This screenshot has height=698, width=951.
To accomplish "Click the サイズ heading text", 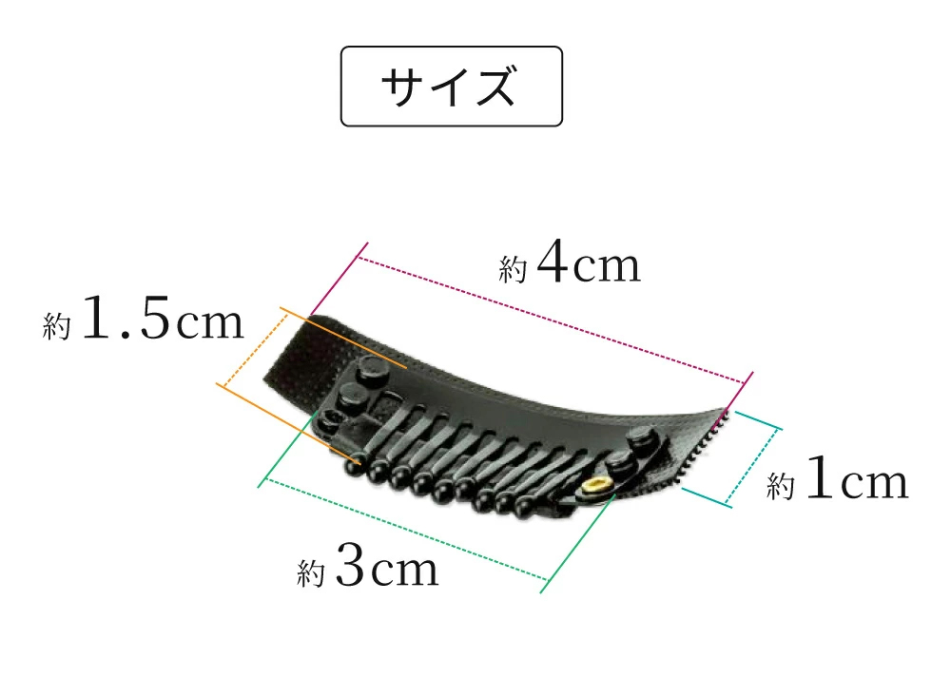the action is click(450, 87).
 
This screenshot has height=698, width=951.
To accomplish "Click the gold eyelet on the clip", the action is click(594, 486).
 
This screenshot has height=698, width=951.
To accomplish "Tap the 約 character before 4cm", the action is click(513, 269).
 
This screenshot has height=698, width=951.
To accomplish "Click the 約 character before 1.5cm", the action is click(56, 325).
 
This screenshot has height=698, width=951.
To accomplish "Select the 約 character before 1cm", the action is click(780, 486).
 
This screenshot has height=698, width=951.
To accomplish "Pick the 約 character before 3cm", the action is click(311, 572).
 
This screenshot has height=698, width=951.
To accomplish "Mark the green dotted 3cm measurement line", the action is click(407, 530).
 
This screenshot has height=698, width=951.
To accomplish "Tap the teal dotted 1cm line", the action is click(752, 466).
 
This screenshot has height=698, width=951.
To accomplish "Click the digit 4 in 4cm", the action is click(552, 261).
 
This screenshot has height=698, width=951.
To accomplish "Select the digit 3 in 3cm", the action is click(351, 564).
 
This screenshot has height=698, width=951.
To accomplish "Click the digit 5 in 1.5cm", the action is click(155, 317).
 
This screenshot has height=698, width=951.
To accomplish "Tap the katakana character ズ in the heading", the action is click(495, 87).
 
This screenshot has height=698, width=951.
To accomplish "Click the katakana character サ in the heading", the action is click(402, 87).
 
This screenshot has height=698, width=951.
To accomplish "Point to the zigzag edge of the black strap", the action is click(705, 443).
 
